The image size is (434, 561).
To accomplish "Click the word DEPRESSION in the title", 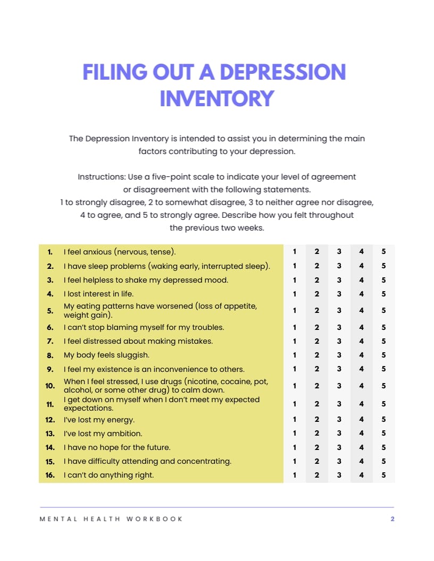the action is tap(282, 72).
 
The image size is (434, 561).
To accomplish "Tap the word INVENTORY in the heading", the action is tap(217, 98).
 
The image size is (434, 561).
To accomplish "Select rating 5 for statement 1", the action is tap(383, 252).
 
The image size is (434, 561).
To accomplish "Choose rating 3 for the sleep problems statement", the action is tap(339, 266).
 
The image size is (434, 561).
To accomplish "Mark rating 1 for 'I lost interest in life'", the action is tap(295, 294).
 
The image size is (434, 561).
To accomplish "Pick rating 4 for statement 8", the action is tap(361, 355).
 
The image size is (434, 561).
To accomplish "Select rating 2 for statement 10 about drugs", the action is tap(316, 386).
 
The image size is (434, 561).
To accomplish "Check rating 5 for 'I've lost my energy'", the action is tap(383, 420).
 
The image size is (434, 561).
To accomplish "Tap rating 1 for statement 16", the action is tap(295, 475).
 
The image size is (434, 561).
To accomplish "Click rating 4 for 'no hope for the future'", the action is tap(361, 447).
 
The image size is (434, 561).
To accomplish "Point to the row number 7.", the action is tap(50, 341).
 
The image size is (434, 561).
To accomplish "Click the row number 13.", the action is tap(50, 433).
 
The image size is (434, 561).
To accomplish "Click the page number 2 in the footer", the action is tap(393, 519).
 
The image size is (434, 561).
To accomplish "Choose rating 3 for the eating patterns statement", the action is tap(339, 310).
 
